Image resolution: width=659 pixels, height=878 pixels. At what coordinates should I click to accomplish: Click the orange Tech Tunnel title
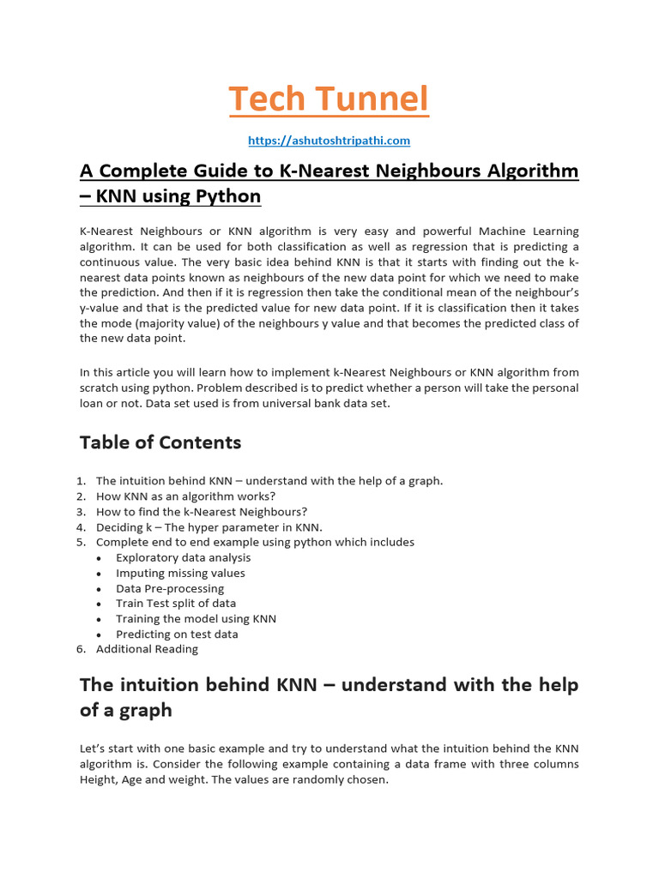(329, 99)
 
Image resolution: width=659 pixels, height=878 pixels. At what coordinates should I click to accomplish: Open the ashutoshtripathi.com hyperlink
(329, 140)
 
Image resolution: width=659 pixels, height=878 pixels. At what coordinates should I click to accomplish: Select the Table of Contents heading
(160, 442)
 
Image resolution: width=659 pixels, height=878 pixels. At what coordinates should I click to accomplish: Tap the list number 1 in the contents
(81, 481)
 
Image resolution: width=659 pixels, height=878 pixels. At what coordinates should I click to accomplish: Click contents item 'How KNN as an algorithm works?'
(185, 496)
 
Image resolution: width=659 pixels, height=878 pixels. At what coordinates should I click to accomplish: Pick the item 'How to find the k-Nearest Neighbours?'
(201, 512)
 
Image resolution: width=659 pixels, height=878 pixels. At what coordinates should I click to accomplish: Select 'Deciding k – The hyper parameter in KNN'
(209, 527)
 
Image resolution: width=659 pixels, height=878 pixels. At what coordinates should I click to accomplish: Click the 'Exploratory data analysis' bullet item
(183, 558)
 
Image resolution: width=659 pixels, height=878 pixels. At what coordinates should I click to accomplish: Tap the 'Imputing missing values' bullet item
(180, 574)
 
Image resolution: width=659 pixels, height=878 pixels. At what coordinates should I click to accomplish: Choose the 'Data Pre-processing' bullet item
(170, 589)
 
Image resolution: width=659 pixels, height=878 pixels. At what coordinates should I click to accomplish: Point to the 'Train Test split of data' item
(176, 604)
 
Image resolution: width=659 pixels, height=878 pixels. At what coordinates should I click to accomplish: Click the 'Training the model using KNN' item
(196, 619)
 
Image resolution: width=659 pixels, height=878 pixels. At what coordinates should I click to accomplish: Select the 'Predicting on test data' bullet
(177, 634)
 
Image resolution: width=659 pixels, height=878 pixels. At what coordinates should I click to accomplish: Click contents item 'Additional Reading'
(147, 649)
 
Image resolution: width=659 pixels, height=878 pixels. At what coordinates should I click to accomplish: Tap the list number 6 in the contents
(81, 649)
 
